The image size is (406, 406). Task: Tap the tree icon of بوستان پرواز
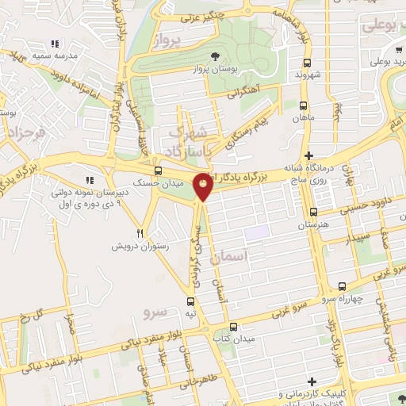click(216, 56)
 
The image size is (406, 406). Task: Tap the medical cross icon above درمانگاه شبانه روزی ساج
click(310, 155)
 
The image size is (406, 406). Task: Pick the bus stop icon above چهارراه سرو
click(342, 286)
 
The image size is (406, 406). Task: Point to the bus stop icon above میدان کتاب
click(232, 327)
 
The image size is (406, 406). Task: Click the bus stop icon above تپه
click(190, 301)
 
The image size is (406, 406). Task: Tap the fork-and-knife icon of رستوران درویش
click(140, 234)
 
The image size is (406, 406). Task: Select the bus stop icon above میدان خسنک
click(158, 170)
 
